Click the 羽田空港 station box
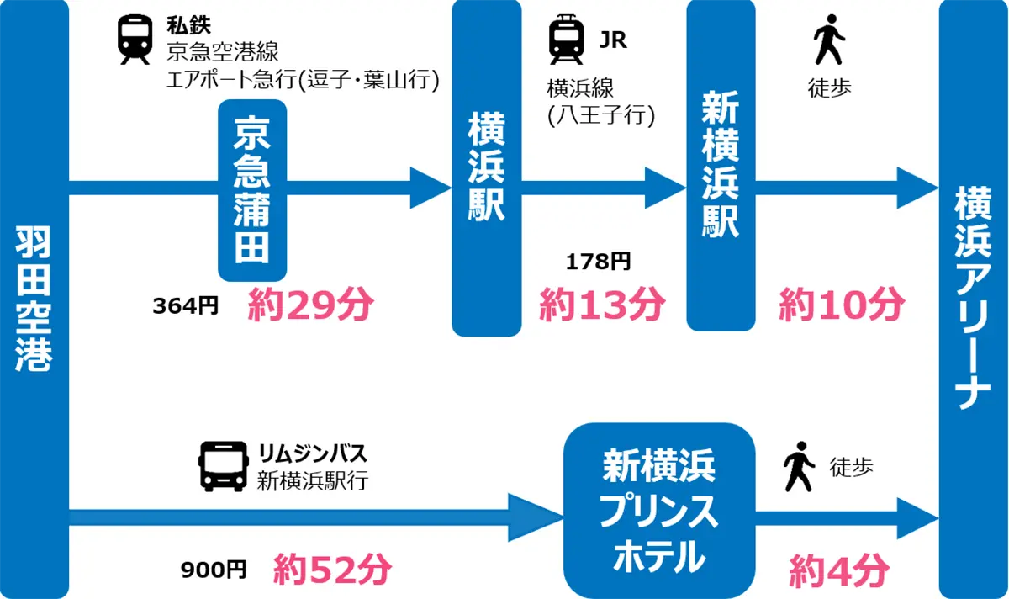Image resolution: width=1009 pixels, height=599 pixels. click(x=34, y=299)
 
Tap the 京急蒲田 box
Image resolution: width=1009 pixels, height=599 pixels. click(x=252, y=191)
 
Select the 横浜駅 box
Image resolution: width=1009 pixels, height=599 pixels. click(x=486, y=168)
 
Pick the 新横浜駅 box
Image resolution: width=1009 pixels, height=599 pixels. click(x=720, y=166)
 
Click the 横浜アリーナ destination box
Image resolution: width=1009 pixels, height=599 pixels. click(x=973, y=299)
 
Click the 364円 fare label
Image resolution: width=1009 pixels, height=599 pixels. click(x=185, y=306)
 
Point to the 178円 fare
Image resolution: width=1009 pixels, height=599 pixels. click(x=599, y=262)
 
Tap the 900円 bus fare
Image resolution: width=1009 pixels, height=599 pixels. click(x=214, y=570)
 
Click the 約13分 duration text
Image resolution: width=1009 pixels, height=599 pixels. click(x=602, y=305)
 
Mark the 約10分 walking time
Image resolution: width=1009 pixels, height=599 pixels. click(x=841, y=305)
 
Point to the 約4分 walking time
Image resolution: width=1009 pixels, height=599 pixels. click(x=838, y=572)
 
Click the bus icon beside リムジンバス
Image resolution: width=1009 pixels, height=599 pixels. click(x=224, y=466)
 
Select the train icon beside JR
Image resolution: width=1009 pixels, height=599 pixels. click(x=567, y=40)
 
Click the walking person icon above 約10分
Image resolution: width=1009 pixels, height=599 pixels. click(x=829, y=40)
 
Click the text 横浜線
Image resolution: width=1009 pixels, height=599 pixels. click(x=581, y=88)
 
